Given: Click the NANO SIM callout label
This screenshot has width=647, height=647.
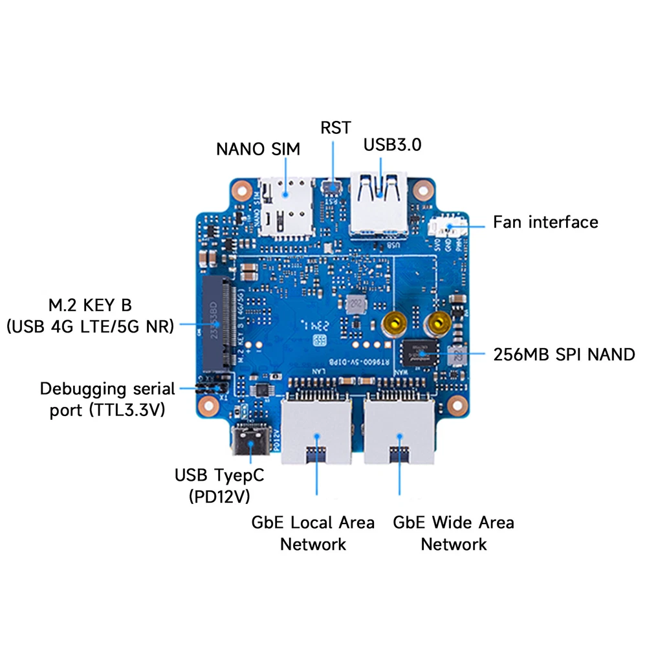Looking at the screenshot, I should [x=258, y=149].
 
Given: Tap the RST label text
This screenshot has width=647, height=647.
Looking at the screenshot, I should [x=335, y=127].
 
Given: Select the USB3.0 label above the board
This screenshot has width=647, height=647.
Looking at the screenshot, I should [x=392, y=144].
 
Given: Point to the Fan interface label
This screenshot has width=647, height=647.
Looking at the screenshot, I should [x=545, y=223].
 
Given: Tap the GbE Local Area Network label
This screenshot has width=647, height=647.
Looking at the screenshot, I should [x=313, y=532].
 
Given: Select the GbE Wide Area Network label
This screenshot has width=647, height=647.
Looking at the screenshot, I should [x=454, y=532].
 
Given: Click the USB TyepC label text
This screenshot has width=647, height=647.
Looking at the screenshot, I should [x=219, y=476].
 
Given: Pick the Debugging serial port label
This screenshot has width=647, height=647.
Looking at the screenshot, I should [x=107, y=400].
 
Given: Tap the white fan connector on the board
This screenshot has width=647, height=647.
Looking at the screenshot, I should [x=445, y=226].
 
